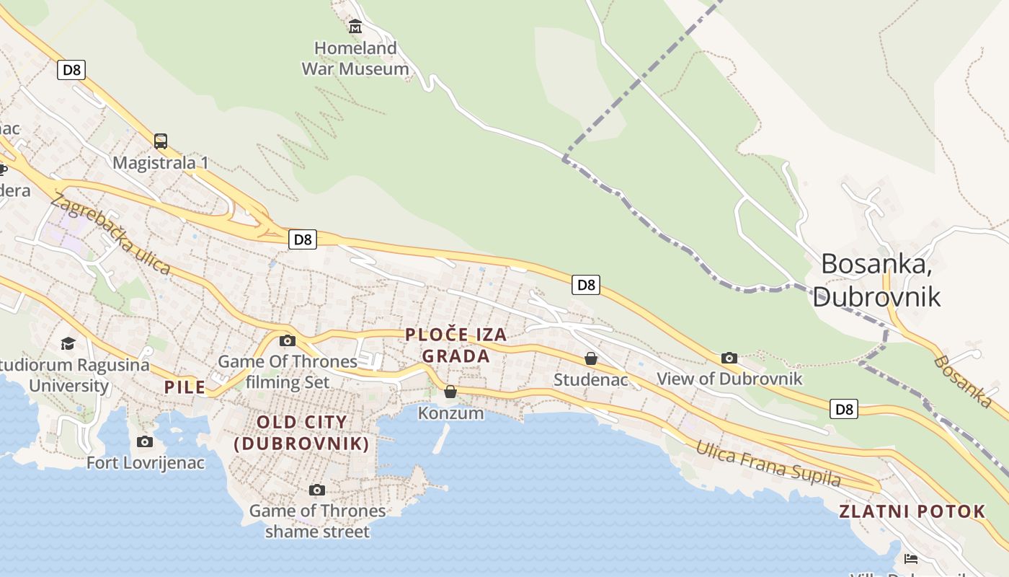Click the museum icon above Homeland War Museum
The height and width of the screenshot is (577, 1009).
tap(355, 27)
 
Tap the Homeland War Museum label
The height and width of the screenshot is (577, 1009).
tap(355, 58)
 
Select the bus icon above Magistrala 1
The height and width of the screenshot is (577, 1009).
tap(161, 141)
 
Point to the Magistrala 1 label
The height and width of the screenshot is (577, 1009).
tap(161, 163)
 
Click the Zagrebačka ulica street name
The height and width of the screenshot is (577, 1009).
tap(111, 235)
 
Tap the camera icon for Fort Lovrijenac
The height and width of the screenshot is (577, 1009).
tap(145, 441)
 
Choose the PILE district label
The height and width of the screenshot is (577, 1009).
tap(185, 387)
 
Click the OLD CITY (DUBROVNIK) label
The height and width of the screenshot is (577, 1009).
tap(302, 433)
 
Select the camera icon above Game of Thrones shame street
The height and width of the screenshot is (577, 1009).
tap(316, 490)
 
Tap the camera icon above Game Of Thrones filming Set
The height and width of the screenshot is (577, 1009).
tap(288, 340)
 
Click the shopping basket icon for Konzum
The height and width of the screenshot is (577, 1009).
tap(450, 392)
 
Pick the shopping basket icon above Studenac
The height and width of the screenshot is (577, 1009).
tap(591, 358)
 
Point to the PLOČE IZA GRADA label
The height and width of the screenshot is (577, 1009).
tap(456, 345)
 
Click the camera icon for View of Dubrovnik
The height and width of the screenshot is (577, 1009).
tap(729, 358)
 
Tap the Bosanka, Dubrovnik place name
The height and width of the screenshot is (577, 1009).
tap(876, 280)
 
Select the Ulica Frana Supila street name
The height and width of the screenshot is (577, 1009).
tap(768, 464)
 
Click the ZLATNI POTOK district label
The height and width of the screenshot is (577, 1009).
tap(912, 512)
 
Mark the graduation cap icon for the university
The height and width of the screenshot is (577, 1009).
tap(68, 343)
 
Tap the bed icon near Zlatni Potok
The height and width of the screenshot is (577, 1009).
tap(911, 559)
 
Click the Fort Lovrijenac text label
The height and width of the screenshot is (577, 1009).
tap(146, 463)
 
